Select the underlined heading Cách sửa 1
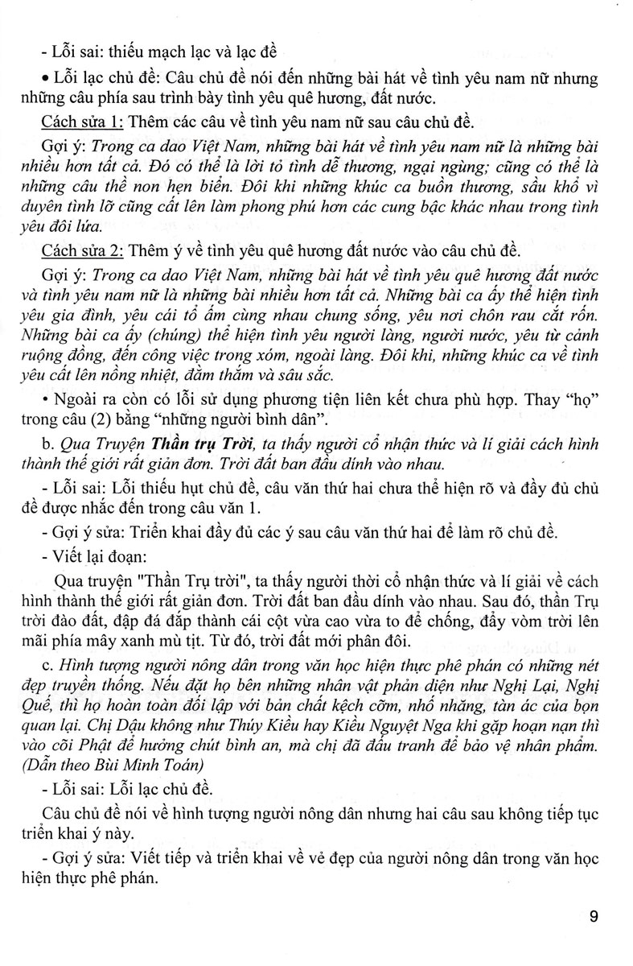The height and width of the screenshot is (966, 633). pos(80,122)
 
